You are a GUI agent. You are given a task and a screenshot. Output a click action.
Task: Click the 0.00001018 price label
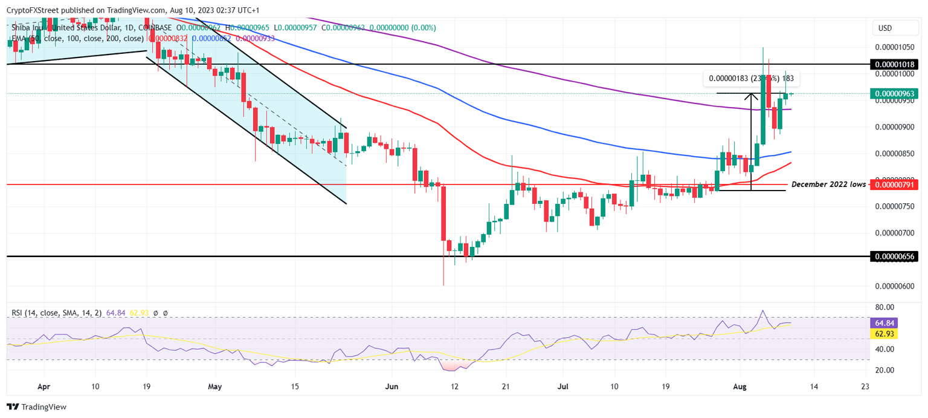pos(894,64)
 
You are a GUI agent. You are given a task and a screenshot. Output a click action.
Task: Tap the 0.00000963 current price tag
pos(894,94)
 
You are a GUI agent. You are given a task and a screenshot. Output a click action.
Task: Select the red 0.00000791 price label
pos(894,184)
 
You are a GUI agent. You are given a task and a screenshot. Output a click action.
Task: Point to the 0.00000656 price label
pos(894,256)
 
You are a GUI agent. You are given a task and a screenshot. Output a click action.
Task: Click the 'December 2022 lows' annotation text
pos(828,184)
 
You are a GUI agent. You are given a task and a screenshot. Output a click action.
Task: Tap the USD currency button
pos(884,28)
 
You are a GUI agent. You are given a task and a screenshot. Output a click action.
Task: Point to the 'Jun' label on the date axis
pos(393,385)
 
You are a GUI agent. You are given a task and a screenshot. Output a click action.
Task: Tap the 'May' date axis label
pos(216,385)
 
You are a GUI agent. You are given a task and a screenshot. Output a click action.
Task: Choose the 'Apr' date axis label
pos(43,385)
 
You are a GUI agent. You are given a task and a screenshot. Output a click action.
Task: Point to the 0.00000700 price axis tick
pos(894,233)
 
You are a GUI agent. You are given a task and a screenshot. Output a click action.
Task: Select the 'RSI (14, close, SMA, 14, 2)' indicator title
pos(57,313)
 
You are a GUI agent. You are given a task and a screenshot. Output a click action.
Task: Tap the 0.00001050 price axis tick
pos(894,47)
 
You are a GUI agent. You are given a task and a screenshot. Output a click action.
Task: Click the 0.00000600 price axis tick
pos(894,286)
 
